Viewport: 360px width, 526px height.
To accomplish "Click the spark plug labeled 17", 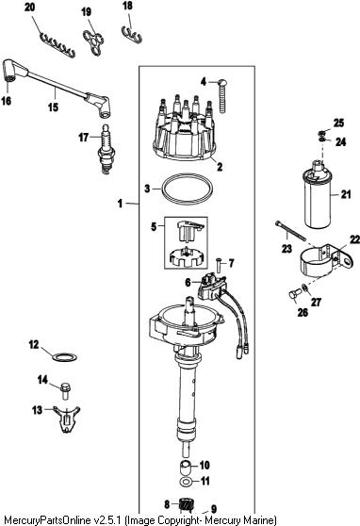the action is (x=106, y=149).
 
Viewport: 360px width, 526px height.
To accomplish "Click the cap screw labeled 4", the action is (x=223, y=96).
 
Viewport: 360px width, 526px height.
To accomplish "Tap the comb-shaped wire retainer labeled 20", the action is (x=57, y=45).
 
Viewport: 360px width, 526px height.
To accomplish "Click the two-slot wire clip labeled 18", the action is (x=132, y=34).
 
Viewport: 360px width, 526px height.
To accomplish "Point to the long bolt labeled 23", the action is (x=290, y=231).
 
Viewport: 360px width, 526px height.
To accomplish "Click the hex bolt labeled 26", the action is (x=294, y=296).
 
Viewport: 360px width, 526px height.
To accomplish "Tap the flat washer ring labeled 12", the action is (x=65, y=357).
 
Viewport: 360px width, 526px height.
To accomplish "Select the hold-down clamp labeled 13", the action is (x=67, y=419).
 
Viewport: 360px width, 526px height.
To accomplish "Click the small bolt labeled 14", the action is (x=65, y=391).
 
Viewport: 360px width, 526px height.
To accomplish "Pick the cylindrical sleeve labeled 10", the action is (x=185, y=467).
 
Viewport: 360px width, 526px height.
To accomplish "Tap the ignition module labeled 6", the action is (x=212, y=287).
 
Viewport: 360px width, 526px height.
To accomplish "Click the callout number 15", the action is (x=53, y=107).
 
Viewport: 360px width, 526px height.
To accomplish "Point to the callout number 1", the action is (x=120, y=204).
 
